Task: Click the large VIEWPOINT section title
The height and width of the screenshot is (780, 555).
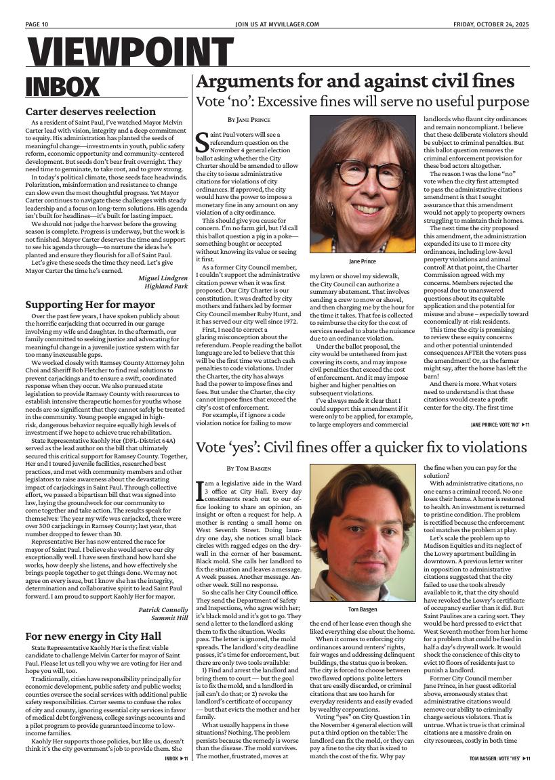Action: coord(131,52)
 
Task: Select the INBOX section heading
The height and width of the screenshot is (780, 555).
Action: coord(62,87)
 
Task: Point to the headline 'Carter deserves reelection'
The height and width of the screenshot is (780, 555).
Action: coord(90,111)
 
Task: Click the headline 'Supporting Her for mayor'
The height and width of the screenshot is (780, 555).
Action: coord(90,305)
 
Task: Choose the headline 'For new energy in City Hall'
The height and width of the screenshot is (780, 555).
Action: coord(93,636)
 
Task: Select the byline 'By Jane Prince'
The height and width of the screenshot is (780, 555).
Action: coord(249,120)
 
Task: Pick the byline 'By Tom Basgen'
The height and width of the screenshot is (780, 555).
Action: coord(249,468)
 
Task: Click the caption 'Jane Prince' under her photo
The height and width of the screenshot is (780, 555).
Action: coord(363,261)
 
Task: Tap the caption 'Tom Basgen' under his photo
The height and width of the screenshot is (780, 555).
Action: coord(363,609)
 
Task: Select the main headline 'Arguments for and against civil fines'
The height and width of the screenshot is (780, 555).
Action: coord(354,82)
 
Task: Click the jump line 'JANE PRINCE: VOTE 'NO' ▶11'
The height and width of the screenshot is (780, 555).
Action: coord(499,425)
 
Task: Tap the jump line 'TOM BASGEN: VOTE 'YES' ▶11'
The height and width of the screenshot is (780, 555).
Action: coord(499,758)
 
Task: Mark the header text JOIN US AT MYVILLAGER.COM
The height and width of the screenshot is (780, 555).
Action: coord(277,24)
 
